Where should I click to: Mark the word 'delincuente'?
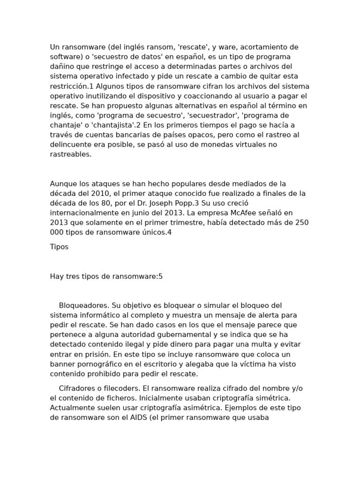point(71,145)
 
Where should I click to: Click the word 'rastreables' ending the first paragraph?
point(70,154)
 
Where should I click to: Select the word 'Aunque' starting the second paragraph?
point(62,183)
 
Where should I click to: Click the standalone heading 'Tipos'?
point(59,247)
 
